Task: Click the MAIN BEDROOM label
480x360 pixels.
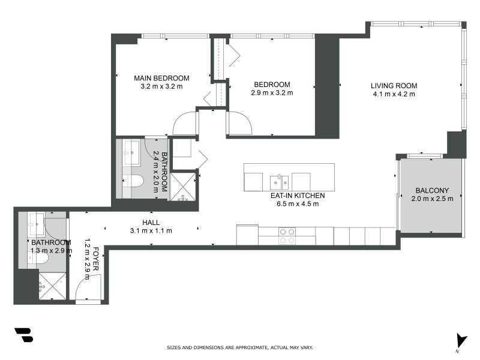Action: click(x=161, y=78)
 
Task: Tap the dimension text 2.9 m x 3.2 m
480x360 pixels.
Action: click(x=272, y=92)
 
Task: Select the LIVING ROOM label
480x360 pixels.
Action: click(x=394, y=85)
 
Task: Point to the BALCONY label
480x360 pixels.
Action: click(x=431, y=191)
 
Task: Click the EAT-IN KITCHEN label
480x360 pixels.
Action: click(x=298, y=196)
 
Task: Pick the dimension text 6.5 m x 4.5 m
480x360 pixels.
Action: click(x=298, y=204)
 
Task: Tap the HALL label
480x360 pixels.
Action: click(x=151, y=222)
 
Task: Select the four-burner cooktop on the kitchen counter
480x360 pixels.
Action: click(x=287, y=236)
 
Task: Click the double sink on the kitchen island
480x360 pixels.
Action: click(x=280, y=180)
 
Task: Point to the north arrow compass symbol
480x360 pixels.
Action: click(x=460, y=340)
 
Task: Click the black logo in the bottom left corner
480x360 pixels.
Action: click(x=23, y=335)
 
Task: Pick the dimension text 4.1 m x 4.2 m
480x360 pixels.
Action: click(x=394, y=94)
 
